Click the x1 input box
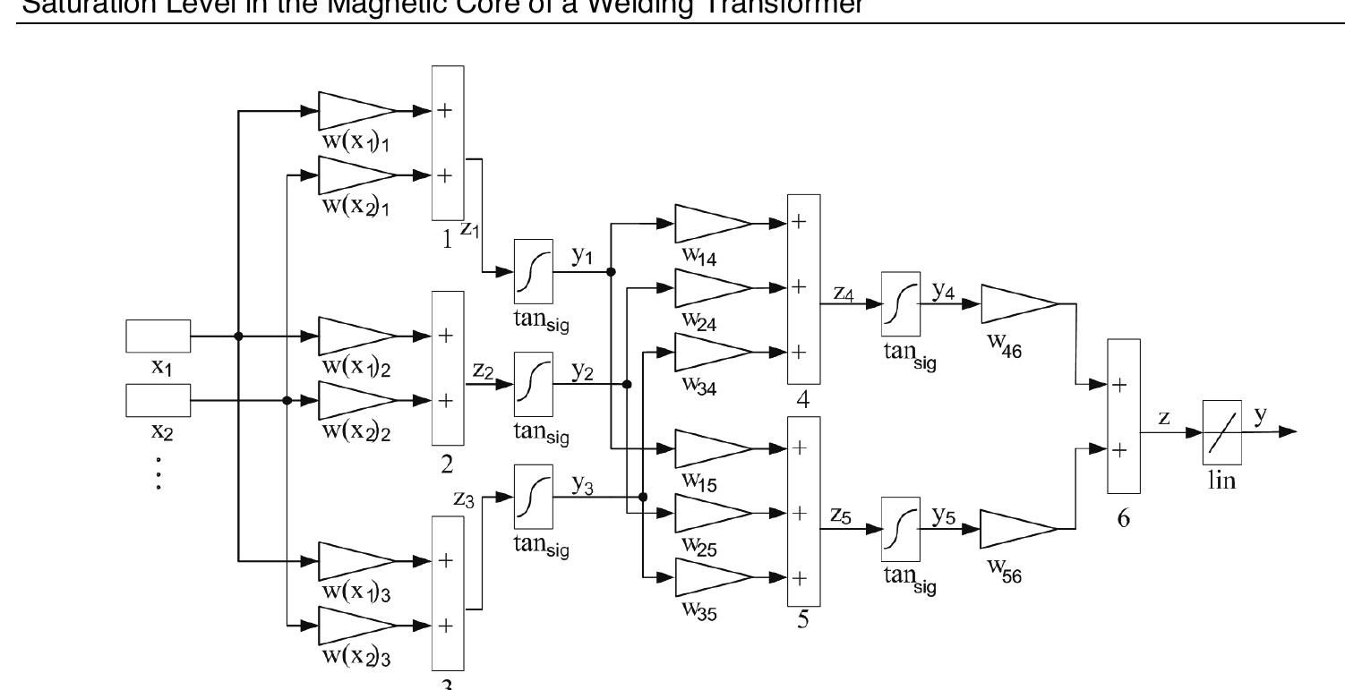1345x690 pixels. (x=158, y=336)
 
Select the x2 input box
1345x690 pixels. (x=158, y=400)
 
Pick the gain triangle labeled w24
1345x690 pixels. (x=711, y=287)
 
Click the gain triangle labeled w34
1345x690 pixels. (x=711, y=352)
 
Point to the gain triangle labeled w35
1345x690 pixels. (x=711, y=577)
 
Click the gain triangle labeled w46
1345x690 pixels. (x=1019, y=304)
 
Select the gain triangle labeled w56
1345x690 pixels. (x=1019, y=529)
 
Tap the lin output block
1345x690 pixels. (x=1221, y=432)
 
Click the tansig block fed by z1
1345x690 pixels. (x=534, y=271)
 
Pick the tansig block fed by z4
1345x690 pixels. (x=900, y=304)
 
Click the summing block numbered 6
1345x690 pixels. (x=1124, y=416)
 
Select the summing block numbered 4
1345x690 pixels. (x=802, y=288)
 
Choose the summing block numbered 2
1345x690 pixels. (x=448, y=368)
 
